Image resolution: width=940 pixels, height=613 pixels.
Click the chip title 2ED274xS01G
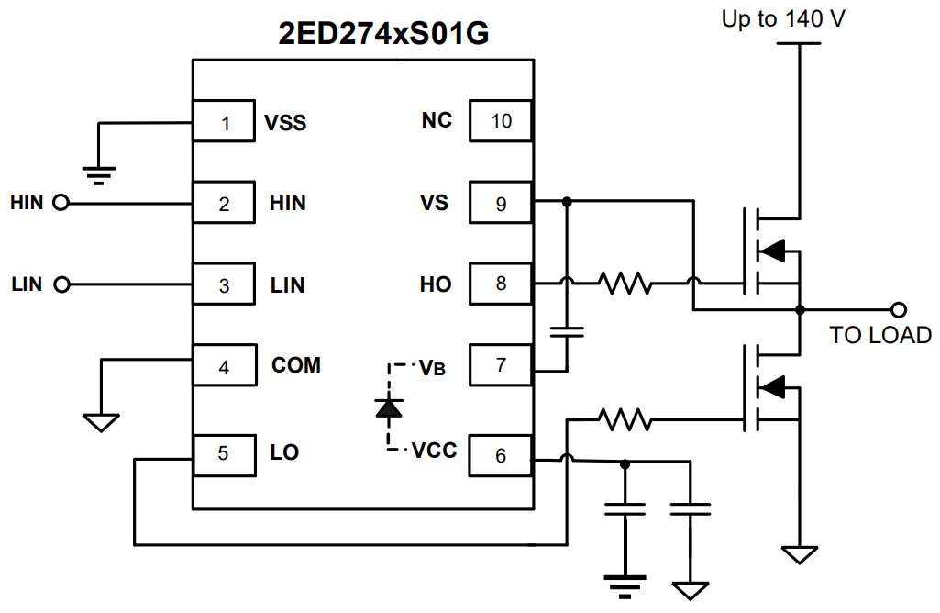382,34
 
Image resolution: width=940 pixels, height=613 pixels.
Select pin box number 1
224,122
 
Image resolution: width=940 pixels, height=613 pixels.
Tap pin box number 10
501,121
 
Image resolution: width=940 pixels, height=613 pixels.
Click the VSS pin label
285,122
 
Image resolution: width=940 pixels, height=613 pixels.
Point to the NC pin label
437,120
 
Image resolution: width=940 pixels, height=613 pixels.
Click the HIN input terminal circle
61,203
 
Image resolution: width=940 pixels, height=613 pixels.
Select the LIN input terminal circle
61,285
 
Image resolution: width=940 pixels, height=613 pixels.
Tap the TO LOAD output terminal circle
900,309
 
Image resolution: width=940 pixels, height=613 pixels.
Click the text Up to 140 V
783,19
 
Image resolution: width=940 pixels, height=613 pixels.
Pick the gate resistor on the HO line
626,284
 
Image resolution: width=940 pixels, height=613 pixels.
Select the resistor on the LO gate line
626,421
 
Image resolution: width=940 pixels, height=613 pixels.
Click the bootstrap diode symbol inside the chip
389,407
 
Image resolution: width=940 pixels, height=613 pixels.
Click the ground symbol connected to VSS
98,169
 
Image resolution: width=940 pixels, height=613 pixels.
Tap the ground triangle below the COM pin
101,422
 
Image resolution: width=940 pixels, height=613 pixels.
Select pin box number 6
501,455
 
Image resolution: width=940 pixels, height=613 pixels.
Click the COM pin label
296,365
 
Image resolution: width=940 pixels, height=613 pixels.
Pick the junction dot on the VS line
567,202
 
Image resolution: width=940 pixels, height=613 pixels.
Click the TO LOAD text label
880,335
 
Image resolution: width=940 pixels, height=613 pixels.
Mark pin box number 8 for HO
501,284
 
